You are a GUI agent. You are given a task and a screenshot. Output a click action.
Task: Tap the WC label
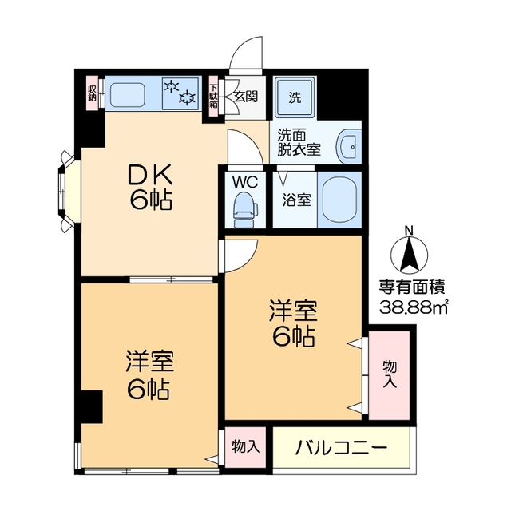(x=244, y=182)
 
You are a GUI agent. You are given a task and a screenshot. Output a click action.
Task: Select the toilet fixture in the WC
(x=244, y=208)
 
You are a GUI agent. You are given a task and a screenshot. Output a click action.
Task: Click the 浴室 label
(x=297, y=200)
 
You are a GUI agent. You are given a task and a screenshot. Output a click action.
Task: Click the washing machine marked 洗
(x=295, y=98)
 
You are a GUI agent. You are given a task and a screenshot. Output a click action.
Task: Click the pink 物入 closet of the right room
(x=390, y=373)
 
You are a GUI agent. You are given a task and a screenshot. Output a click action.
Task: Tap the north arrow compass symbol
(x=409, y=252)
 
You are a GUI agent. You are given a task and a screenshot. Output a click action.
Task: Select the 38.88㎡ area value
(x=411, y=307)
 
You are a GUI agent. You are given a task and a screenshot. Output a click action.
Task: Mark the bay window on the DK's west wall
(x=65, y=190)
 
